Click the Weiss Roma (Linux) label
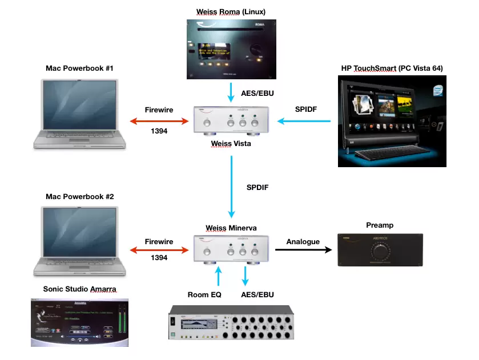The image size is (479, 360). pos(231,11)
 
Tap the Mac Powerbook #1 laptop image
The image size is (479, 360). pos(79,114)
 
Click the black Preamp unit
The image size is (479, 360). pos(380,250)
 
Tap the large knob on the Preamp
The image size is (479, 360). pos(380,252)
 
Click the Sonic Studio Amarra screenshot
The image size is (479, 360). pos(79,322)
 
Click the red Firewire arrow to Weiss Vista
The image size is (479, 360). pos(159,121)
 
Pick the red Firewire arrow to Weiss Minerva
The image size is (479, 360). pos(159,249)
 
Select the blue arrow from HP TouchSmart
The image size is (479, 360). pos(304,121)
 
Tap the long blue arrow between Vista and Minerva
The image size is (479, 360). pos(231,186)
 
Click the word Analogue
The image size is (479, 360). pos(303,242)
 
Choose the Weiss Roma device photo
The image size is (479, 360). pos(231,49)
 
